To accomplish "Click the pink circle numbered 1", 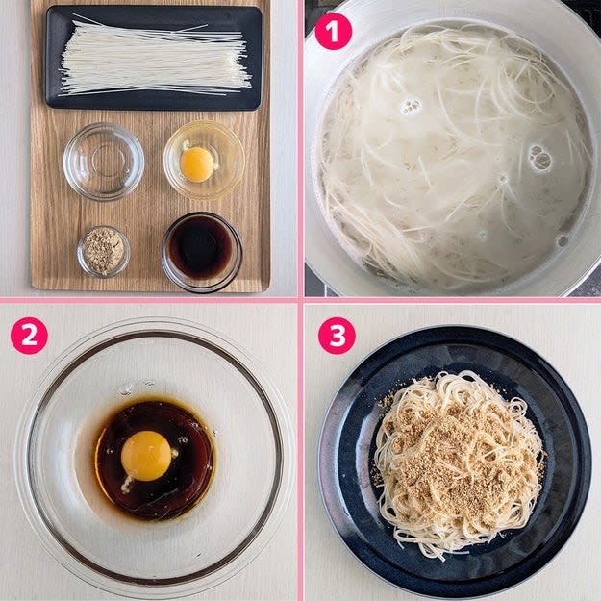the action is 333,32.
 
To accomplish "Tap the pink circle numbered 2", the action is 29,336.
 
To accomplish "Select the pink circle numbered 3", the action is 337,336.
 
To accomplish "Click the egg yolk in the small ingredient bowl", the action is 197,164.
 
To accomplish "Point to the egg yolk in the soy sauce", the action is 146,456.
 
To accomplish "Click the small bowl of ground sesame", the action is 104,251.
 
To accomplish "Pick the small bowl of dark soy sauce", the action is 202,251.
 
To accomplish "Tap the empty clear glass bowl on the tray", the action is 104,162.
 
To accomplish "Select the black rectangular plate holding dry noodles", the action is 154,58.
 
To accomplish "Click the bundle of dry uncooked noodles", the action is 155,58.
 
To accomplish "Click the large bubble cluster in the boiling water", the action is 540,157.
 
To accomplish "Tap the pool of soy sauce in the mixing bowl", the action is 154,460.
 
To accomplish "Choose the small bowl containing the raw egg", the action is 204,160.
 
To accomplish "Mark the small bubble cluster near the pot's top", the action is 412,106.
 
